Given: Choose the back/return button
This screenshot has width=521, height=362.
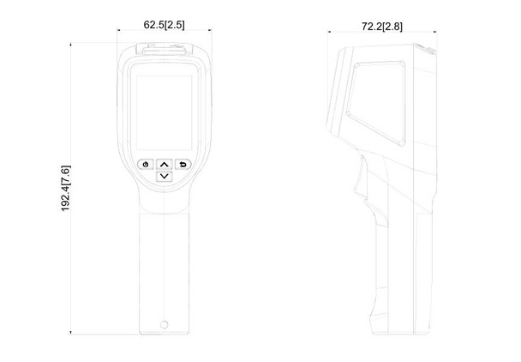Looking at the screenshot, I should pos(183,164).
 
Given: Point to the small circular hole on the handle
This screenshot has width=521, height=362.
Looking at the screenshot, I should pos(164,324).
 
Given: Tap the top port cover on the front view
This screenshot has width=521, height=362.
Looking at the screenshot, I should pos(164,52).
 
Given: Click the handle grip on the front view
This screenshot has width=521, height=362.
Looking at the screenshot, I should pos(164,266).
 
